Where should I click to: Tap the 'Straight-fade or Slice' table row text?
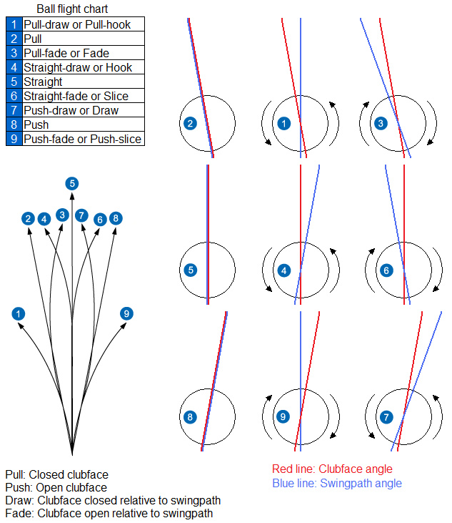76,96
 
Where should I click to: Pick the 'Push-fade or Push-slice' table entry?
82,139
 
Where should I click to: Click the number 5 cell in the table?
14,82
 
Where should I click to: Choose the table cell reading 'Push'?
36,124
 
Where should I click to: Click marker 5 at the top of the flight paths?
72,183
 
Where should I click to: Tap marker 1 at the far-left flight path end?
18,313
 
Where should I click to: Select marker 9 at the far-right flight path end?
126,313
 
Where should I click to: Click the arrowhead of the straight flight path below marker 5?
72,195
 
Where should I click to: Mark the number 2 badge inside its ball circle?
190,123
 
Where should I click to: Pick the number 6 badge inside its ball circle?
386,270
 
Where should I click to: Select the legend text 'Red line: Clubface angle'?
332,469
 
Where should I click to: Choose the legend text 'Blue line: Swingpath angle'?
337,483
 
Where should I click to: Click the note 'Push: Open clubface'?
56,487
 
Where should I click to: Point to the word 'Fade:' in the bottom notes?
19,513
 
